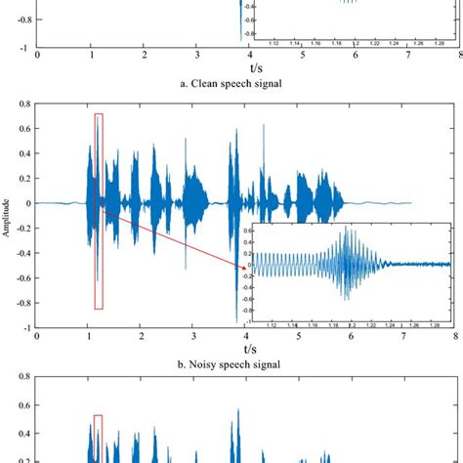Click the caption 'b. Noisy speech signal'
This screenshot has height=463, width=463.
pos(231,364)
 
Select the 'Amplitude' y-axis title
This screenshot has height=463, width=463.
pos(6,217)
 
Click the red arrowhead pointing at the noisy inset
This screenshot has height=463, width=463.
pos(242,267)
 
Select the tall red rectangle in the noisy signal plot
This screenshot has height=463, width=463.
pos(98,211)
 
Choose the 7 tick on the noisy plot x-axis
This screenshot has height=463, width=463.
pos(404,337)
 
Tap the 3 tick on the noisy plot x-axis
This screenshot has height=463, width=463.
pos(194,337)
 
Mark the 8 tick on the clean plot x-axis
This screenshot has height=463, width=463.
pos(455,56)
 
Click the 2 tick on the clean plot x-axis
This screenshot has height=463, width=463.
pos(143,56)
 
